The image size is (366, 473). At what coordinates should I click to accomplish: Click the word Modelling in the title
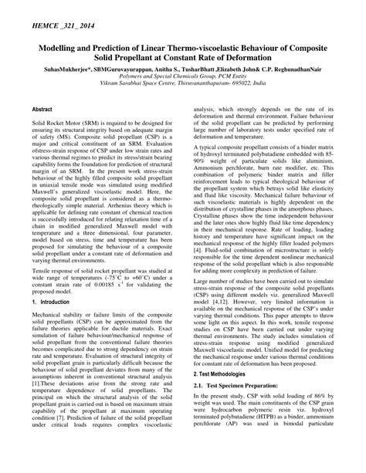coord(48,46)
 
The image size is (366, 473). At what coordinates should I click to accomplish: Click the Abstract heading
coord(42,110)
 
